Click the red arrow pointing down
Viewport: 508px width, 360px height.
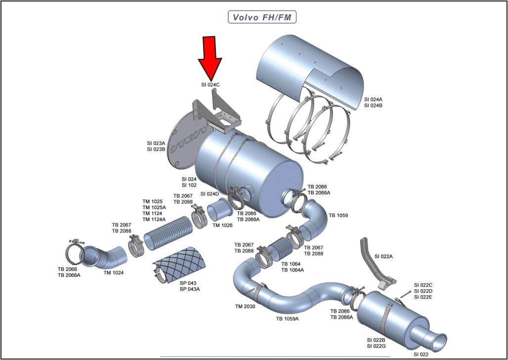click(210, 57)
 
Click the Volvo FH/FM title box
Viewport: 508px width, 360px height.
click(261, 17)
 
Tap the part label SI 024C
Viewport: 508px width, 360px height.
click(210, 85)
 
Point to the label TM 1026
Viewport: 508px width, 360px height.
click(223, 225)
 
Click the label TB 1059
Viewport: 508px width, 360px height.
click(339, 216)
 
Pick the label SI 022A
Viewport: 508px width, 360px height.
click(383, 257)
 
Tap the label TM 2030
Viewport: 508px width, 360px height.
click(245, 307)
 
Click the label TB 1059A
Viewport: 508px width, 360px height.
click(287, 319)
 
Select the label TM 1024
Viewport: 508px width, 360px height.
click(114, 272)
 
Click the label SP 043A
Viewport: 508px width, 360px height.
click(190, 289)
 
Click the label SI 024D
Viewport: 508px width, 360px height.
click(210, 194)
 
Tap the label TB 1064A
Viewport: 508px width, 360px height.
click(293, 270)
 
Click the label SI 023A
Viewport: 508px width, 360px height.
click(156, 143)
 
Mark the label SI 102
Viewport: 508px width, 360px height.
click(189, 185)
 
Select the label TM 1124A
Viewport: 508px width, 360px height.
click(154, 220)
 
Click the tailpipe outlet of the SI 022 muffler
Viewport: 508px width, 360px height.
click(438, 342)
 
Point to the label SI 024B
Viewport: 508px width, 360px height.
click(373, 105)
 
